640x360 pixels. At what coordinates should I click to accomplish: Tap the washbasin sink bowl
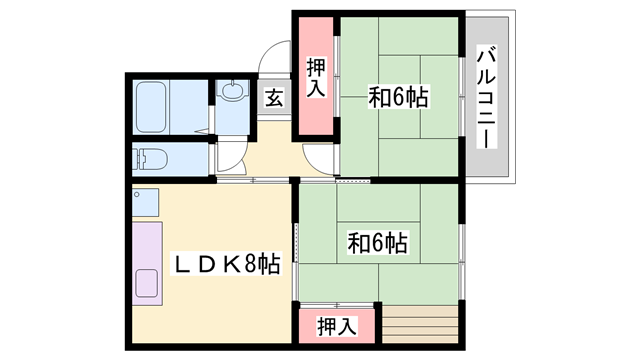pos(232,93)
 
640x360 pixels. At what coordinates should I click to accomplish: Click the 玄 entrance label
pos(274,98)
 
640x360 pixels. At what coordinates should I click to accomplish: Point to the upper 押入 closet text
pos(316,78)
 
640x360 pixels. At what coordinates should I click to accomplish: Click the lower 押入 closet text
pos(336,325)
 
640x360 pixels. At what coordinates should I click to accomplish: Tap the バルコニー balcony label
pos(487,97)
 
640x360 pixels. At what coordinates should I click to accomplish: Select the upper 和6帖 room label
pos(399,98)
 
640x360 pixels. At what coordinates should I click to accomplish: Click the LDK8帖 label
pos(227,264)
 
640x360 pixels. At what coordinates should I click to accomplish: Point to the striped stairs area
pos(419,326)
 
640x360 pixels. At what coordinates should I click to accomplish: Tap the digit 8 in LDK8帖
pos(249,264)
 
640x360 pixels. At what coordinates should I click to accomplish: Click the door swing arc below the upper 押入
pos(319,158)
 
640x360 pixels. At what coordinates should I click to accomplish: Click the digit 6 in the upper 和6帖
pos(399,98)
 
